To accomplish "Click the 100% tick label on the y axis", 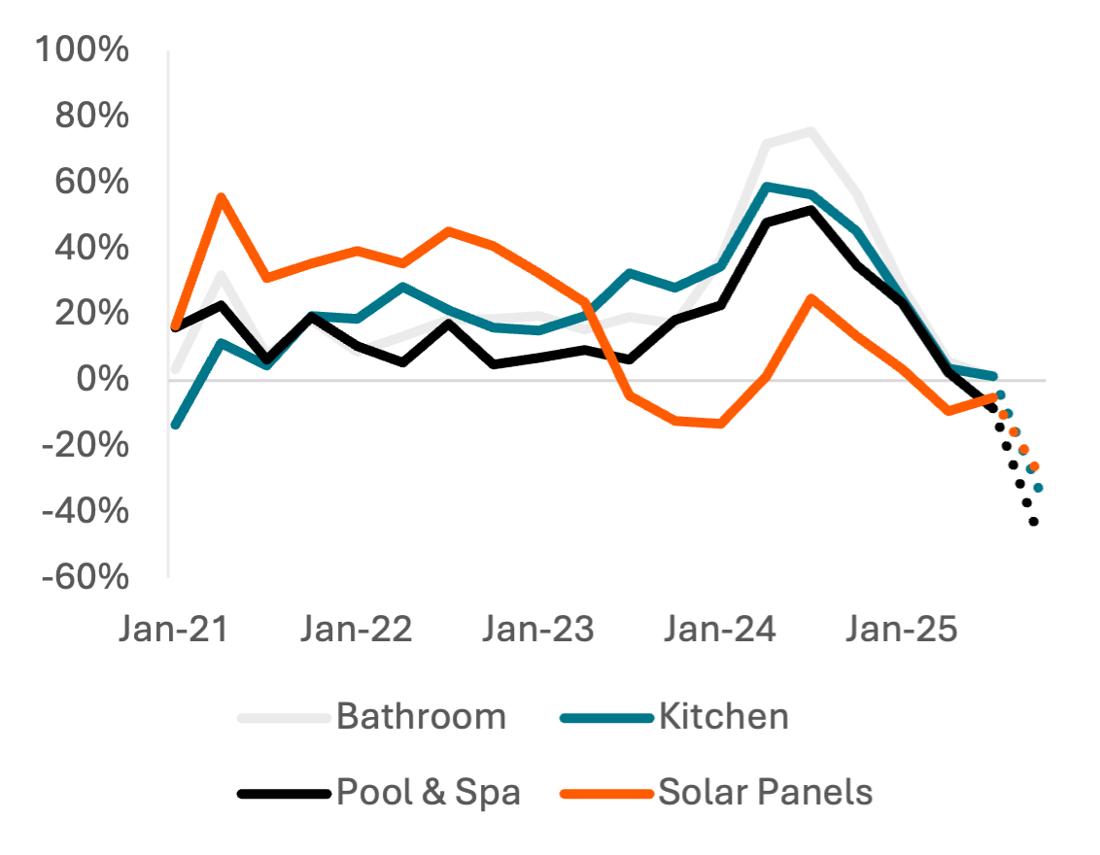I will (82, 50).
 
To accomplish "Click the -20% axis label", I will (84, 445).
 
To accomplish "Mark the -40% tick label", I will (84, 511).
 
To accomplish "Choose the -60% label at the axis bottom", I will (84, 577).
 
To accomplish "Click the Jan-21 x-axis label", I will (174, 629).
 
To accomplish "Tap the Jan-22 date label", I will (357, 629).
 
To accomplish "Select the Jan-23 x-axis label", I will (538, 629).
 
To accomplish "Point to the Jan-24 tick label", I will (720, 629).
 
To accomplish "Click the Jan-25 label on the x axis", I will (902, 629).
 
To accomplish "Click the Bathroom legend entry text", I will (422, 717).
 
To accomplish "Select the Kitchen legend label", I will (723, 717).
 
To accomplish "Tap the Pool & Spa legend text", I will (429, 792).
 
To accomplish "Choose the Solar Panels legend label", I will (766, 792).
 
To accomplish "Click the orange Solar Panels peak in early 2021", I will (222, 196).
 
